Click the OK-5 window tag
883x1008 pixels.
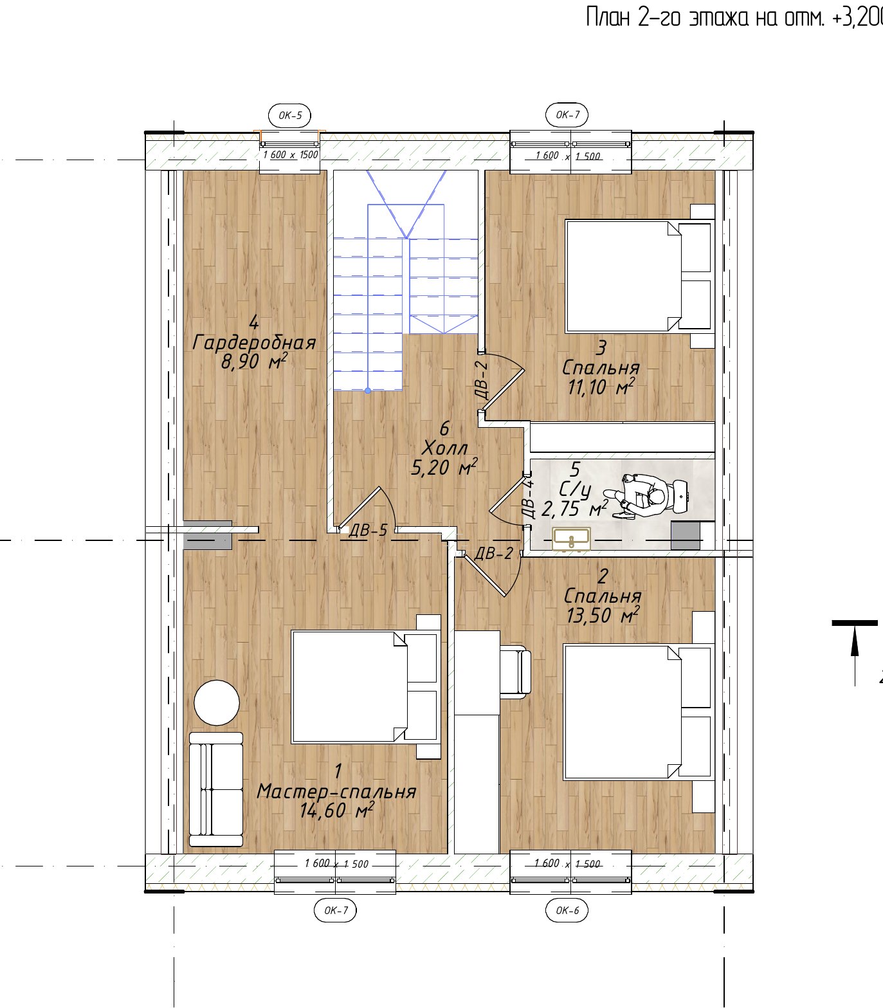click(x=290, y=116)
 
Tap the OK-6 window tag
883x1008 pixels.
click(x=567, y=910)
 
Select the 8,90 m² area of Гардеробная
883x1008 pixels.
click(x=253, y=362)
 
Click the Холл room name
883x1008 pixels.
click(x=444, y=448)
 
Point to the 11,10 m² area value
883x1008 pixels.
click(x=601, y=387)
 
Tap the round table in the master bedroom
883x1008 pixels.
click(x=217, y=702)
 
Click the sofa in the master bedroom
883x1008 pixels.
click(x=216, y=789)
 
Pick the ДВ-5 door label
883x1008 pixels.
click(x=368, y=531)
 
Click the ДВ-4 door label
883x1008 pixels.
click(x=529, y=498)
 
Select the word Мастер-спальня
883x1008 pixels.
click(x=336, y=791)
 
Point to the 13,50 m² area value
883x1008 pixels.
click(x=602, y=616)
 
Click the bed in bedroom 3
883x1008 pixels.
click(x=639, y=277)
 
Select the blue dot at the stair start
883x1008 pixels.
click(x=368, y=390)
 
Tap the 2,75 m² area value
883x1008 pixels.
click(x=574, y=509)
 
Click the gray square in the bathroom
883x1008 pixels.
click(x=686, y=535)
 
